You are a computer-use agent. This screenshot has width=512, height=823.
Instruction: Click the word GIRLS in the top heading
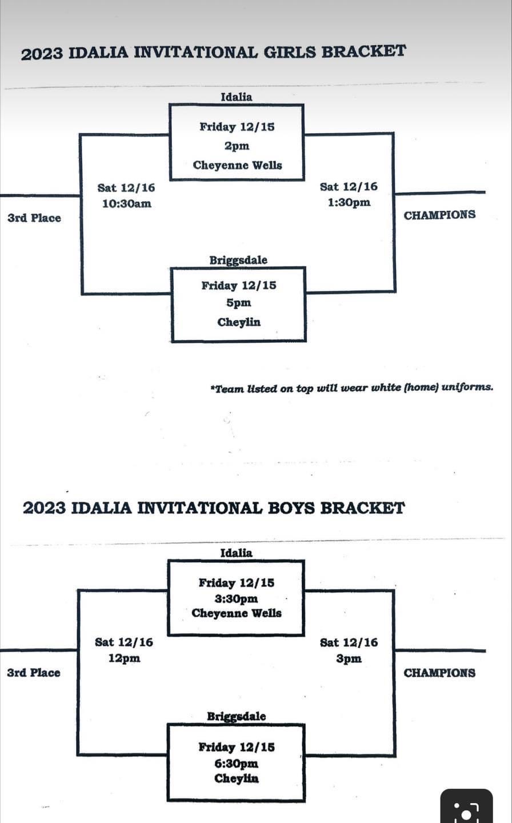[290, 52]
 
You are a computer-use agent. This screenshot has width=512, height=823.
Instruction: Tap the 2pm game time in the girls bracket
[237, 146]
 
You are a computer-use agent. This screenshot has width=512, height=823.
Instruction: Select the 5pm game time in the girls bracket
[238, 303]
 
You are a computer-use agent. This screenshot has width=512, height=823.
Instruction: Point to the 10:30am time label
[126, 203]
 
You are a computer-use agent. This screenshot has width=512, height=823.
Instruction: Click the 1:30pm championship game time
[349, 202]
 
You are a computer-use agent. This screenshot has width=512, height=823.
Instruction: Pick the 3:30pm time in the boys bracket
[237, 598]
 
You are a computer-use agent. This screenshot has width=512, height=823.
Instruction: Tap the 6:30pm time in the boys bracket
[237, 763]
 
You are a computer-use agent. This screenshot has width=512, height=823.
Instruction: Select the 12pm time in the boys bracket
[124, 658]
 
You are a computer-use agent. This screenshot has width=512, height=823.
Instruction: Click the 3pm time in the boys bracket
[349, 658]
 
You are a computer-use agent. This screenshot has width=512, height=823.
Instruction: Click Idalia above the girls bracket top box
[236, 97]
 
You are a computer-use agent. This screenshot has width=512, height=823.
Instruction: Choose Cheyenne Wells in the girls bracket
[237, 165]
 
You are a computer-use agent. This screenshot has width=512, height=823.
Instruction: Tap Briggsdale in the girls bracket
[238, 260]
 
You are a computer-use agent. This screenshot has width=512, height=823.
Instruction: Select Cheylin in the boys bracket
[237, 778]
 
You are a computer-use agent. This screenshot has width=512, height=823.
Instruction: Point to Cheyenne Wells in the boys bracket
[237, 613]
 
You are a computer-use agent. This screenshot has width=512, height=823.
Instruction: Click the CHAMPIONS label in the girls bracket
[439, 215]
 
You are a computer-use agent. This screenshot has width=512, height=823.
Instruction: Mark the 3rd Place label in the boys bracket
[33, 673]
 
